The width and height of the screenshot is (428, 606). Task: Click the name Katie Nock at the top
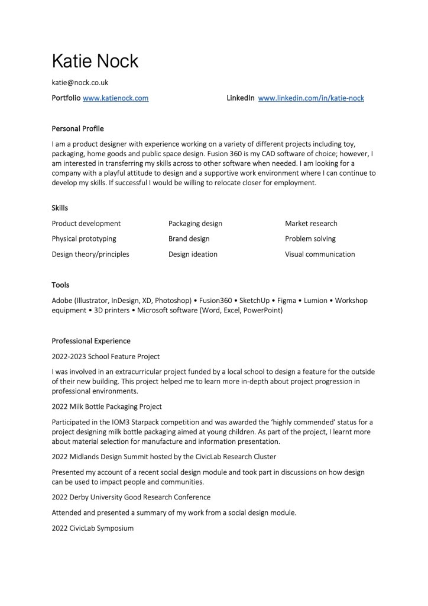pyautogui.click(x=95, y=60)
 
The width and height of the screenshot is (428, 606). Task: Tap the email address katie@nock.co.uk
pyautogui.click(x=80, y=83)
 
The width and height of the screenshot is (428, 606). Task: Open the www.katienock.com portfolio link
pyautogui.click(x=115, y=98)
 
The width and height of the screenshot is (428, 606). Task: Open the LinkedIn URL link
pyautogui.click(x=311, y=98)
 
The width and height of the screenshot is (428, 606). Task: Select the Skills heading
pyautogui.click(x=60, y=208)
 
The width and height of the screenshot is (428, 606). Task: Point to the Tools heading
pyautogui.click(x=60, y=285)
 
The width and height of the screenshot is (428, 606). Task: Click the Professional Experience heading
pyautogui.click(x=91, y=341)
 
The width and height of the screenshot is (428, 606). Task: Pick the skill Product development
pyautogui.click(x=86, y=224)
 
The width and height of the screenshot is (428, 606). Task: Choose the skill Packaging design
pyautogui.click(x=195, y=224)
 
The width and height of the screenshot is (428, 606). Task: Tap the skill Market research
pyautogui.click(x=311, y=224)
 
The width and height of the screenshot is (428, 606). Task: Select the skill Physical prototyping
pyautogui.click(x=84, y=239)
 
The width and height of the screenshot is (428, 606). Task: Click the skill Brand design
pyautogui.click(x=189, y=239)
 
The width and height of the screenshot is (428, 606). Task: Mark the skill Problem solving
pyautogui.click(x=310, y=239)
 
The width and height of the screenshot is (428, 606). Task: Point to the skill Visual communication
pyautogui.click(x=320, y=254)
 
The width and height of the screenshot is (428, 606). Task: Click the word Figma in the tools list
pyautogui.click(x=287, y=301)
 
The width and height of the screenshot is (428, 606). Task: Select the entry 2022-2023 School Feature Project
pyautogui.click(x=106, y=356)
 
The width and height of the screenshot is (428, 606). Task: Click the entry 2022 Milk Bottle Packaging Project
pyautogui.click(x=107, y=407)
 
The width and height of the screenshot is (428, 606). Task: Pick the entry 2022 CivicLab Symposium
pyautogui.click(x=93, y=528)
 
